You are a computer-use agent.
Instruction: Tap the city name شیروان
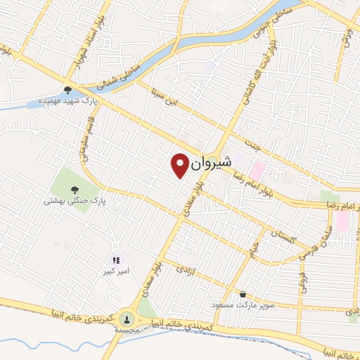[x=210, y=161]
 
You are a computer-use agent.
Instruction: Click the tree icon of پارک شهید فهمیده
[x=67, y=89]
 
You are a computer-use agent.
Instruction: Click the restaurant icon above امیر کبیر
[x=117, y=260]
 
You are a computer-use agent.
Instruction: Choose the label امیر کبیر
[x=117, y=271]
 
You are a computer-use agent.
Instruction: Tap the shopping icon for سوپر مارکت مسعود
[x=243, y=294]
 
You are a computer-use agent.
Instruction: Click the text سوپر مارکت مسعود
[x=245, y=306]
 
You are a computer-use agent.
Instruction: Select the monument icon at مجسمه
[x=127, y=318]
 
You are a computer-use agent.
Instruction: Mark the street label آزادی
[x=184, y=269]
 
